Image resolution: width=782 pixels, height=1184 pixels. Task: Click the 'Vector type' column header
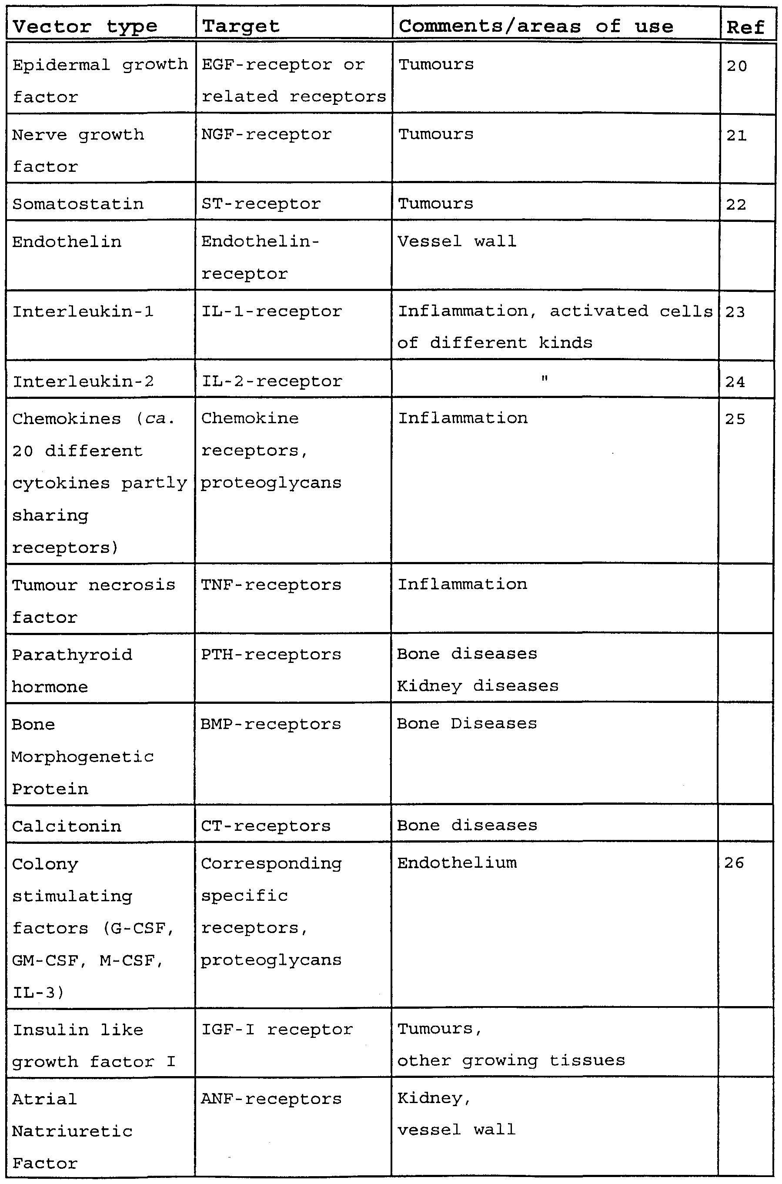[85, 26]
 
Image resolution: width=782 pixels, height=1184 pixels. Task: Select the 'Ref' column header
[745, 27]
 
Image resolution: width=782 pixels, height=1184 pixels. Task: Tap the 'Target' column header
[241, 26]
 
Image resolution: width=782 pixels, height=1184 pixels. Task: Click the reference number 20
[737, 66]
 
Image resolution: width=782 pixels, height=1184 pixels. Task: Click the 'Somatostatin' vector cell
[78, 204]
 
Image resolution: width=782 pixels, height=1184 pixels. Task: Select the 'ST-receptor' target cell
[261, 204]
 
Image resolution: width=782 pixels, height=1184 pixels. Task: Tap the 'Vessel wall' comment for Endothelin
[456, 241]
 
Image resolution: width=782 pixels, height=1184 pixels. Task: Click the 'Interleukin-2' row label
[83, 381]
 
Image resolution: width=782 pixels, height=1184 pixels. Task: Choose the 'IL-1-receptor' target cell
[271, 311]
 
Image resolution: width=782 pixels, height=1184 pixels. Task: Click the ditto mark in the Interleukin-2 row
[545, 379]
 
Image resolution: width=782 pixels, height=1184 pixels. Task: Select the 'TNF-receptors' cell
[271, 585]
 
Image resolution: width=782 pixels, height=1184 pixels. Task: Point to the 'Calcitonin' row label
[67, 826]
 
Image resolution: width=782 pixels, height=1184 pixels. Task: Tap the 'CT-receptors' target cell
[265, 826]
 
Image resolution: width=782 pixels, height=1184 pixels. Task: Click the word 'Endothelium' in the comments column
[457, 863]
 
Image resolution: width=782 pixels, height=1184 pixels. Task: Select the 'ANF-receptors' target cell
[271, 1099]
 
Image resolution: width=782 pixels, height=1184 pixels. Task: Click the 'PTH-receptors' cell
[271, 654]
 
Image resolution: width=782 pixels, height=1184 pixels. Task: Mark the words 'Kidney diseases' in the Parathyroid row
[478, 686]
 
